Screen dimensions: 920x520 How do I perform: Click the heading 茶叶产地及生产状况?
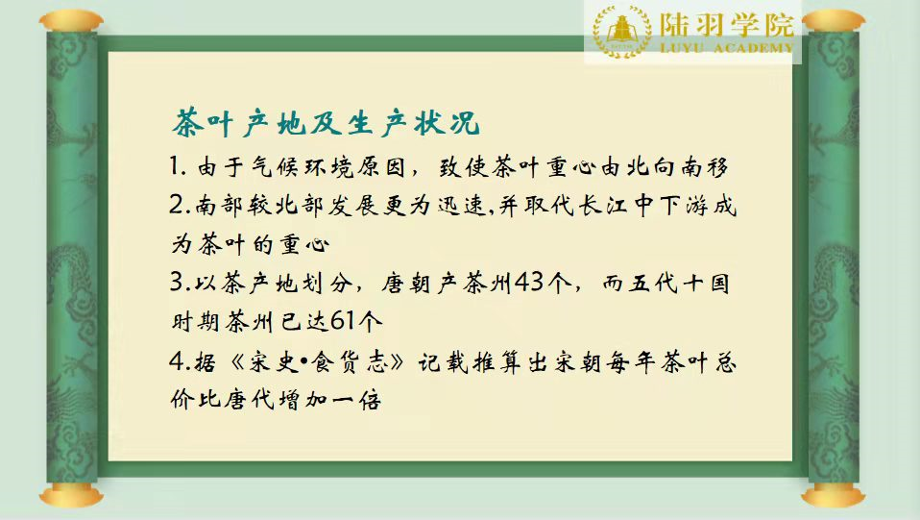pos(327,123)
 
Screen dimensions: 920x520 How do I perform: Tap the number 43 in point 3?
pos(529,284)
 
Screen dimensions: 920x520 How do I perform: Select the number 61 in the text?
pos(342,321)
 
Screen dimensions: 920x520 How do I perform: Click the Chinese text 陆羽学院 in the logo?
pos(726,24)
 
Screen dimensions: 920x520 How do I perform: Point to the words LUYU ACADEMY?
pos(726,48)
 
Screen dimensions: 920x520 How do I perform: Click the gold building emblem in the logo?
pos(622,31)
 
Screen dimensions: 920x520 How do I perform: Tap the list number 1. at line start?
pos(178,166)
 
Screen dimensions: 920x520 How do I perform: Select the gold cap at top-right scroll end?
pos(834,21)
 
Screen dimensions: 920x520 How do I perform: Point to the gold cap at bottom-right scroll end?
pos(834,495)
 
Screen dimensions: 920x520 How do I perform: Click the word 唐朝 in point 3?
pos(405,284)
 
